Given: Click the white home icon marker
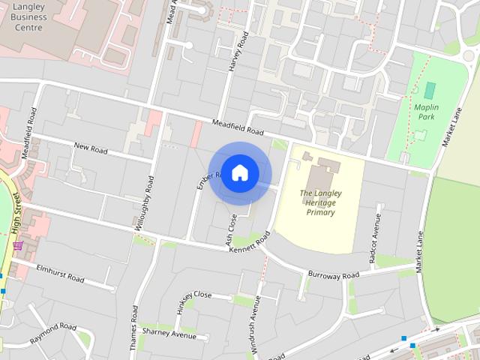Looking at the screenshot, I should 239,173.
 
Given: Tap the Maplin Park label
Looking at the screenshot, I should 426,112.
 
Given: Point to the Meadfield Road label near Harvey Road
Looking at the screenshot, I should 238,127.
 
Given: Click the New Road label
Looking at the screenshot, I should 90,148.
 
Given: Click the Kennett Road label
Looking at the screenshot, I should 249,244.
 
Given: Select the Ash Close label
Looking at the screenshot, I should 231,228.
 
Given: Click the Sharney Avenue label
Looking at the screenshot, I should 169,332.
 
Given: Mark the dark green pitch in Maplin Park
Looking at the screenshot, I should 429,90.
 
